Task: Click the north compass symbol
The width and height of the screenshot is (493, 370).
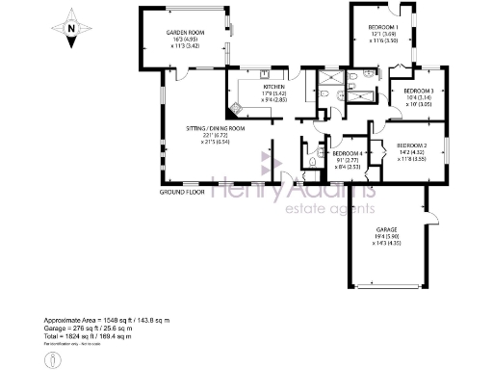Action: click(70, 28)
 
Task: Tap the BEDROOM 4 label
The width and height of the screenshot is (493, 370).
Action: click(346, 153)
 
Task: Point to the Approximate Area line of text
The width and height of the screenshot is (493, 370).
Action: click(106, 318)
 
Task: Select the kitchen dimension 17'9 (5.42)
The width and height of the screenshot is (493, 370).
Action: click(277, 93)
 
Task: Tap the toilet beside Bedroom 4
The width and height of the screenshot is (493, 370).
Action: click(315, 163)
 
